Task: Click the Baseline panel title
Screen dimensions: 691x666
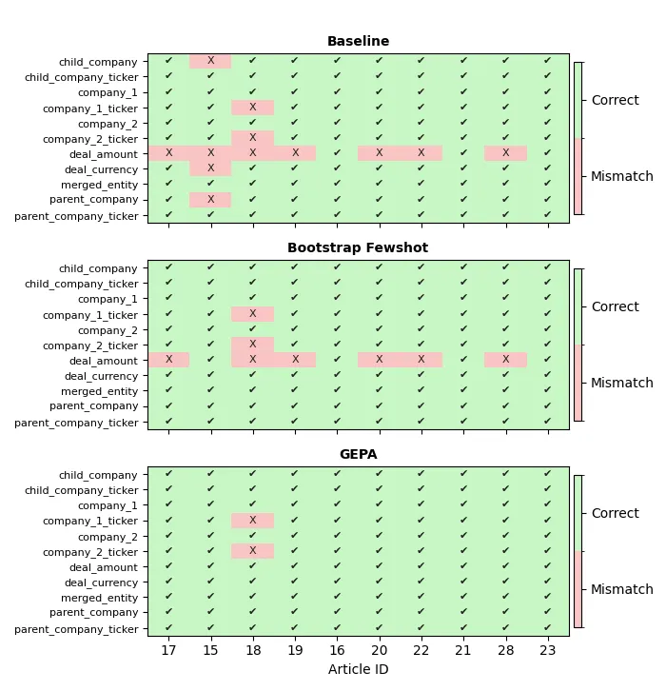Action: click(358, 42)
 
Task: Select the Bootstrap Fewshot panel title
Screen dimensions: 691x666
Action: click(358, 248)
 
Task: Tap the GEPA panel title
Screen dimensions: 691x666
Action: click(358, 455)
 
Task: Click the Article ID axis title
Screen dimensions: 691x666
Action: click(358, 670)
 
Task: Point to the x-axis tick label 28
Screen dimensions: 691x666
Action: click(505, 651)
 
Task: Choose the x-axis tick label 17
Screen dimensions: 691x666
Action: click(168, 651)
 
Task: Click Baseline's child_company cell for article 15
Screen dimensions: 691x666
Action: click(210, 61)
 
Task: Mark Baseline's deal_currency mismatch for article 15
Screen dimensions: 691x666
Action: click(210, 168)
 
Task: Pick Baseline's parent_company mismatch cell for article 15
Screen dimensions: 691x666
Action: click(210, 200)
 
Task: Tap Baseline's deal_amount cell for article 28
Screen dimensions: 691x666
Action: click(505, 153)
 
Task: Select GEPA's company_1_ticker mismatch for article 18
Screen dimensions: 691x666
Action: click(252, 521)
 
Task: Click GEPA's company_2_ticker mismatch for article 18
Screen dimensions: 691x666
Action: click(252, 551)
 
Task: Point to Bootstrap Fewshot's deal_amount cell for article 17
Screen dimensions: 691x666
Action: click(168, 360)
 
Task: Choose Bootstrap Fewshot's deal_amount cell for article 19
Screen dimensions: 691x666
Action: click(295, 360)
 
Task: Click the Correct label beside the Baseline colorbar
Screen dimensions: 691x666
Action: click(615, 101)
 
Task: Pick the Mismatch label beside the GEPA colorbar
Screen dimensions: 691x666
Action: click(622, 590)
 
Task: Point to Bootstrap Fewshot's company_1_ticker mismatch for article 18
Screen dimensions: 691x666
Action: click(252, 314)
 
